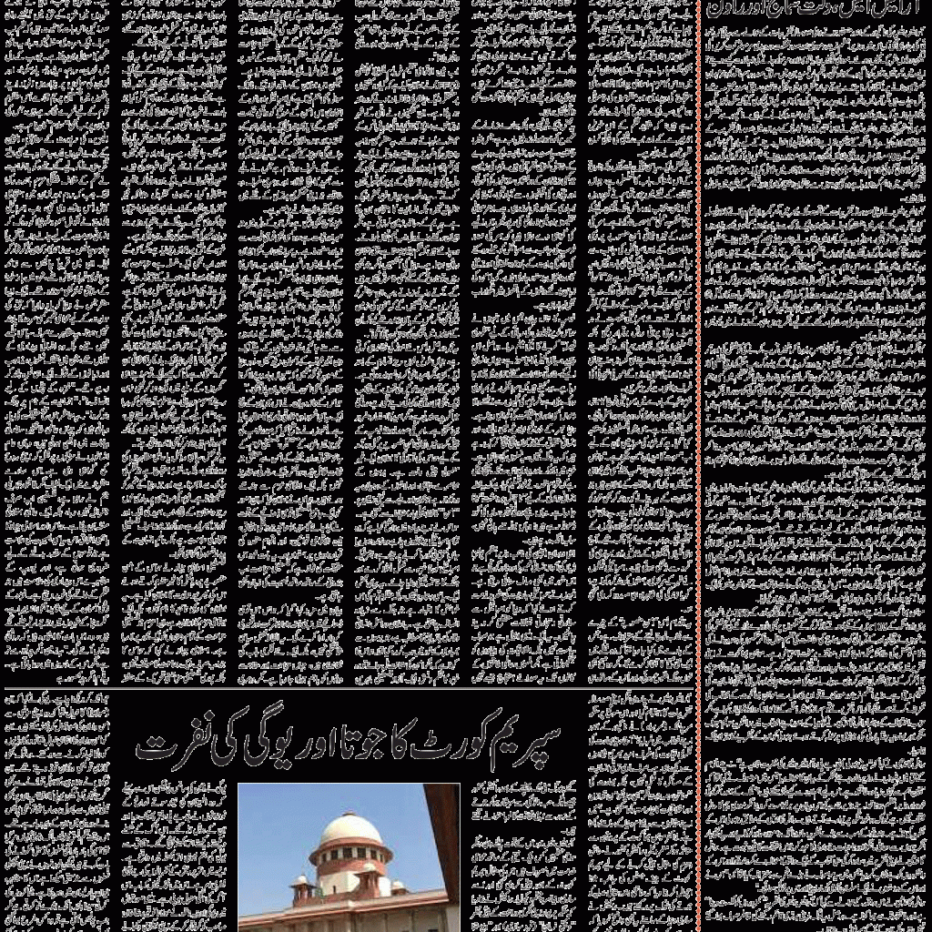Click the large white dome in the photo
(351, 829)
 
